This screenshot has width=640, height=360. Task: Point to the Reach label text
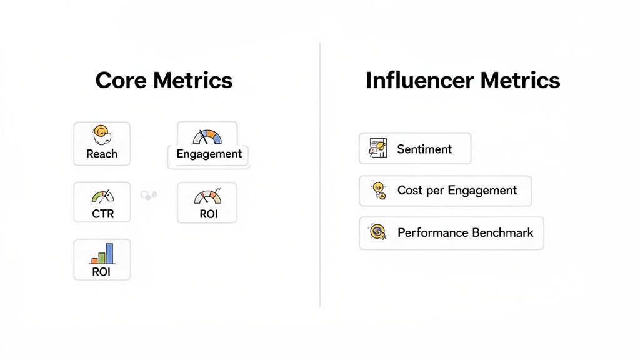click(x=102, y=154)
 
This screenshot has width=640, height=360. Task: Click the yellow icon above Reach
click(x=101, y=134)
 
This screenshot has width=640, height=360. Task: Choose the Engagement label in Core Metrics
click(x=209, y=154)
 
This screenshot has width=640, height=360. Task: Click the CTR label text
click(x=102, y=214)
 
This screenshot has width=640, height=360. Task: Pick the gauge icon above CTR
click(x=103, y=196)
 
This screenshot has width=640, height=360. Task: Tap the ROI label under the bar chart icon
click(x=101, y=272)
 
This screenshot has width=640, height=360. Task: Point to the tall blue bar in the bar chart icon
click(x=109, y=253)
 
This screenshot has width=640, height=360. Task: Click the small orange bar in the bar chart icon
click(x=94, y=260)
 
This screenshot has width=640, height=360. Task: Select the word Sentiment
click(x=424, y=149)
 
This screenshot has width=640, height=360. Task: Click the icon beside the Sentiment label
click(x=378, y=148)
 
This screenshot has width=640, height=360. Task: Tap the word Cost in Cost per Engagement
click(x=410, y=191)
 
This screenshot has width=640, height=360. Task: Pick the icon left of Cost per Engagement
click(x=378, y=191)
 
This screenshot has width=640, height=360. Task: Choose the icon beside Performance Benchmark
click(x=378, y=232)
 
